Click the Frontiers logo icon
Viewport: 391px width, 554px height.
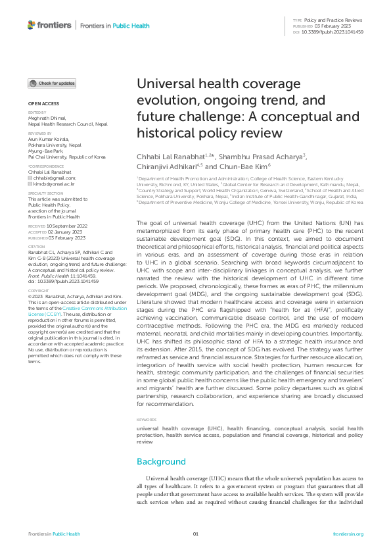(x=32, y=25)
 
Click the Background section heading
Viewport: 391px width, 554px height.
(x=161, y=461)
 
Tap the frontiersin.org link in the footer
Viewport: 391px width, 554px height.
(x=348, y=534)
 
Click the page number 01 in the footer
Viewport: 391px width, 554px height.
(x=195, y=534)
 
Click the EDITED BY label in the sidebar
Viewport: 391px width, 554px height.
(x=37, y=113)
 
